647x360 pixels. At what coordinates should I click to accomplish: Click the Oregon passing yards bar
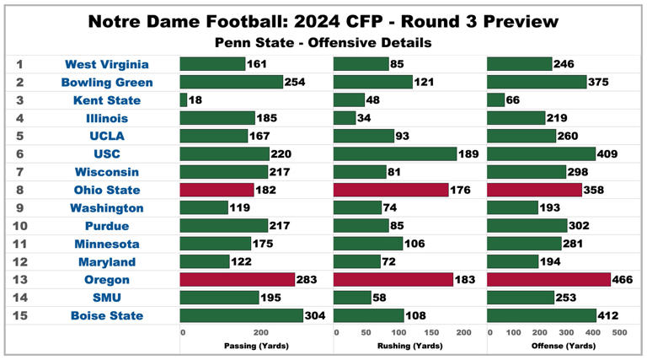click(x=237, y=280)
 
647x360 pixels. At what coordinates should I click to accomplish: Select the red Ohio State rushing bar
click(x=391, y=190)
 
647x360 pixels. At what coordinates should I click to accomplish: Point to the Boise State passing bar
click(x=241, y=315)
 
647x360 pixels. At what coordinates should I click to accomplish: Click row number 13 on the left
click(x=20, y=280)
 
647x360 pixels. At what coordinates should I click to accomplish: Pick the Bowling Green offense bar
click(x=537, y=82)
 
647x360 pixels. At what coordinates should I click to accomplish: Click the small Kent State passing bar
click(x=184, y=100)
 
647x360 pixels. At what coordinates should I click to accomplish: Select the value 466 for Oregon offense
click(x=624, y=280)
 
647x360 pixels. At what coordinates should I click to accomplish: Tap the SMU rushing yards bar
click(x=353, y=298)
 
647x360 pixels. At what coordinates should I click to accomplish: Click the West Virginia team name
click(x=107, y=64)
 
